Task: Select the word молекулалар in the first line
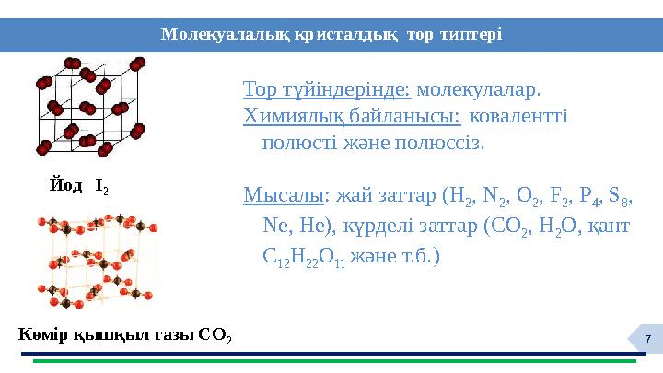(478, 91)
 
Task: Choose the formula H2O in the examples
(546, 226)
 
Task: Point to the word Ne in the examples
(274, 226)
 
